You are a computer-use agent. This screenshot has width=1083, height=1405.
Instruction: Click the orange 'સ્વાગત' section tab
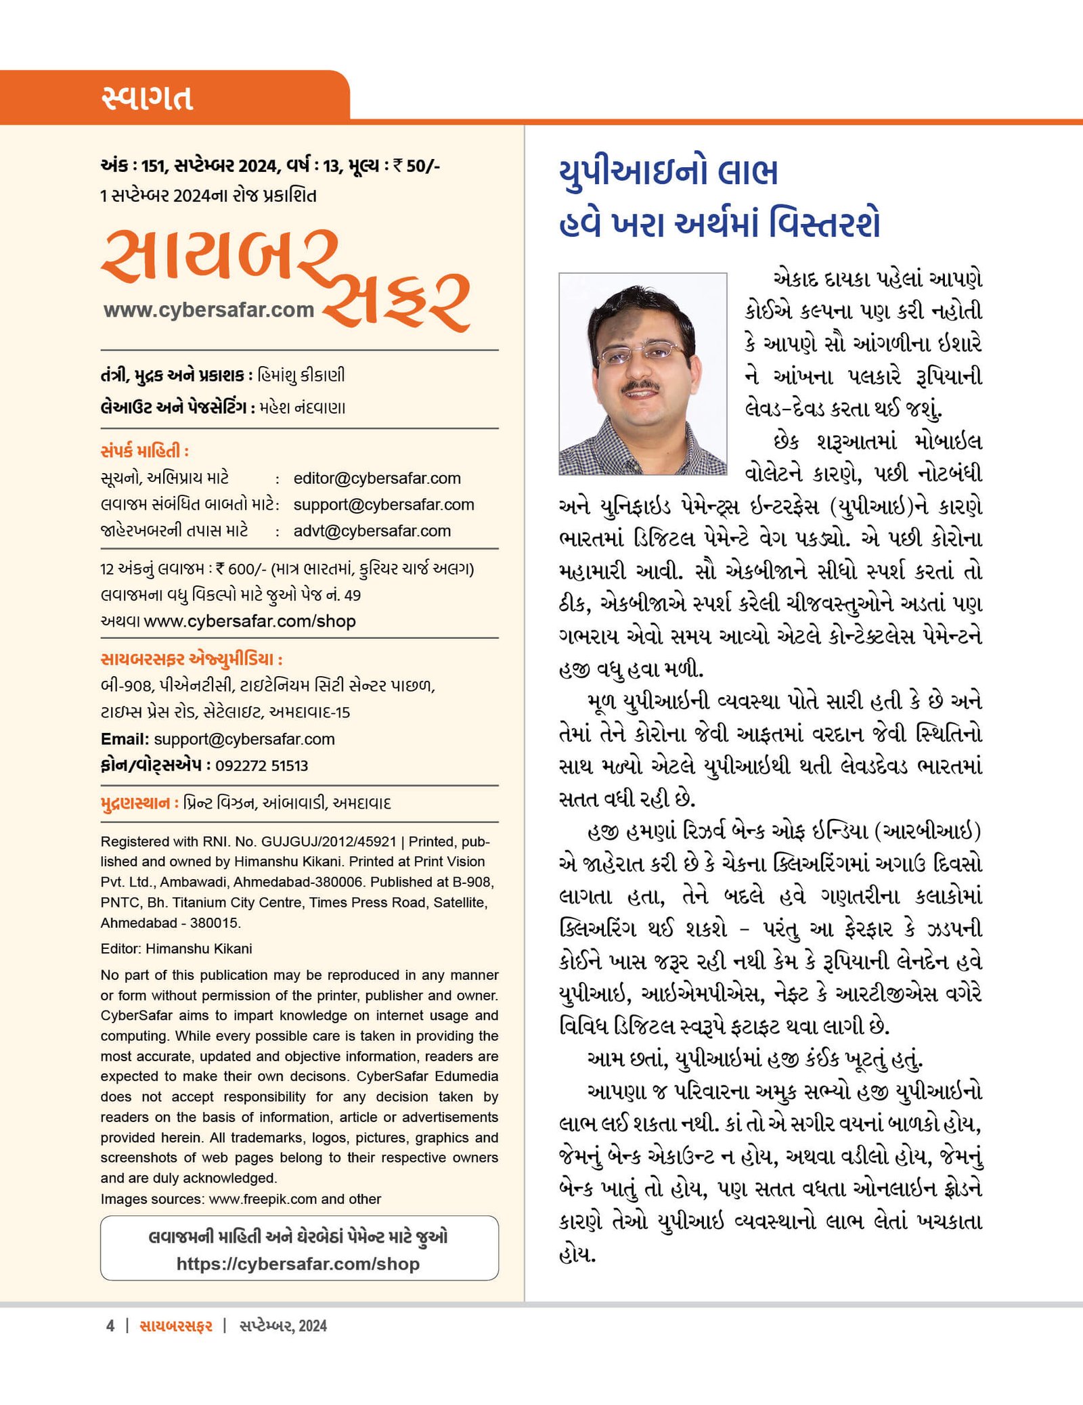pos(147,97)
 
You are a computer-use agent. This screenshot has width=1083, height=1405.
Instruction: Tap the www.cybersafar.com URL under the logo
pos(208,310)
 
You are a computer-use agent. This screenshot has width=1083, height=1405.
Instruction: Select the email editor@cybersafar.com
pos(376,478)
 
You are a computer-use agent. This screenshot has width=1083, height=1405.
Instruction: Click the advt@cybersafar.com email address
pos(372,531)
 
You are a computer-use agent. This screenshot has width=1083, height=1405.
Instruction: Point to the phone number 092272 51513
pos(261,765)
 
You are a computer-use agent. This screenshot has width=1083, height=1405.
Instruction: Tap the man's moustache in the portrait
pos(640,386)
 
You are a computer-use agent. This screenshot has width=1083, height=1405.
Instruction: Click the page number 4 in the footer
pos(110,1326)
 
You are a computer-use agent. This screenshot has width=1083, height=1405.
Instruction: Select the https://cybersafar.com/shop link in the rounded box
pos(298,1264)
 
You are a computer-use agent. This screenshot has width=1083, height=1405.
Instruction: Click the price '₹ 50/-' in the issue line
pos(416,166)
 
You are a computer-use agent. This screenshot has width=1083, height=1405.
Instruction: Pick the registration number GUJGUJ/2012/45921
pos(328,841)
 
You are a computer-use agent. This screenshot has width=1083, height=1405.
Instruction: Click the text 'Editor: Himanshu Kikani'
pos(176,949)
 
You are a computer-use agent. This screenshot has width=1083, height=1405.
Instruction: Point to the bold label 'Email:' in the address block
pos(125,739)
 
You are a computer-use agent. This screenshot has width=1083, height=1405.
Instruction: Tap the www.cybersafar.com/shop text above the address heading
pos(249,621)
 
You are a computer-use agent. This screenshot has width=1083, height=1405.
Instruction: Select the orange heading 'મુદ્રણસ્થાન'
pos(135,803)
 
